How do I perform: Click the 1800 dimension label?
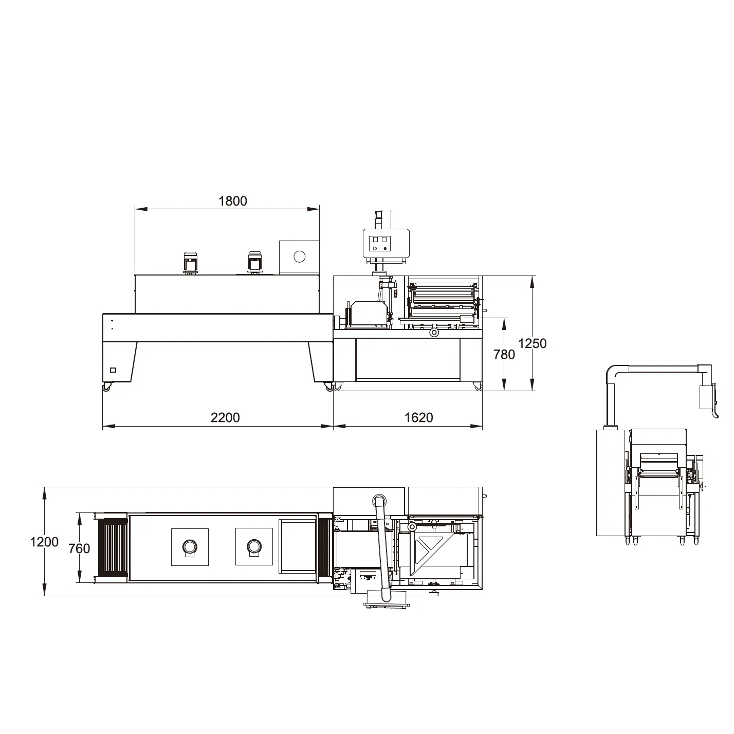coord(233,201)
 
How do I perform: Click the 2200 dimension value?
coord(225,417)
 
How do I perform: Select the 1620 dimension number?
coord(418,417)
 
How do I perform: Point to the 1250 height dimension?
coord(533,343)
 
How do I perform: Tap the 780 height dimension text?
coord(504,354)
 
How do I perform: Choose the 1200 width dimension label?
coord(44,542)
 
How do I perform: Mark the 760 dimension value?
coord(79,548)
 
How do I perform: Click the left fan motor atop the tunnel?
coord(191,263)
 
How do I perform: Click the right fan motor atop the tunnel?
coord(254,263)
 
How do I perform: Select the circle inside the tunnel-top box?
coord(299,256)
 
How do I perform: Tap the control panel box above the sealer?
coord(386,243)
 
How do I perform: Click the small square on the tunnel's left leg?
coord(113,370)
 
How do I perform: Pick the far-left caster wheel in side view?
coord(106,388)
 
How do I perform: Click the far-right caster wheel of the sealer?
coord(478,387)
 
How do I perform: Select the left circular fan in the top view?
coord(190,546)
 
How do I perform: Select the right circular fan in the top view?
coord(253,546)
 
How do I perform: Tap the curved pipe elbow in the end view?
coord(613,374)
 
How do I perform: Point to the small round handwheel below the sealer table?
coord(435,333)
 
